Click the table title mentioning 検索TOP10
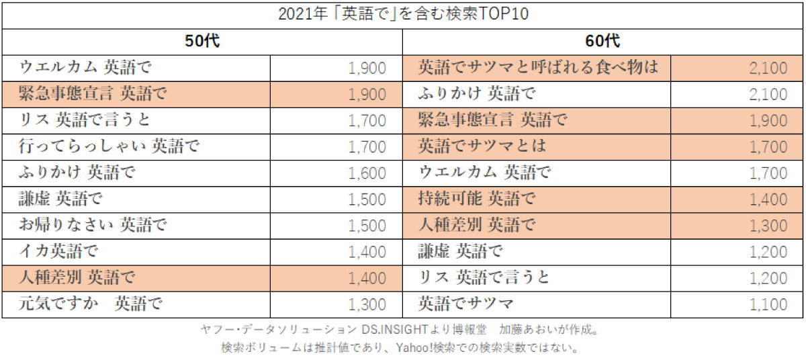[403, 14]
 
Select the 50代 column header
[202, 41]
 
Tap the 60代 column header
[602, 41]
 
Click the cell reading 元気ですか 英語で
[91, 304]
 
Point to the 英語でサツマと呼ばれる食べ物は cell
[537, 68]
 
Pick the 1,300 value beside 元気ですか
[367, 304]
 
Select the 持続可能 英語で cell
[477, 199]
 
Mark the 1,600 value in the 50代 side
[367, 173]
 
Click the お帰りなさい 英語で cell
[93, 225]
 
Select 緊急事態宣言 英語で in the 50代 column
[93, 94]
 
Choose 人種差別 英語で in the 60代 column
[477, 225]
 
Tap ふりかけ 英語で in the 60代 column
[477, 94]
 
